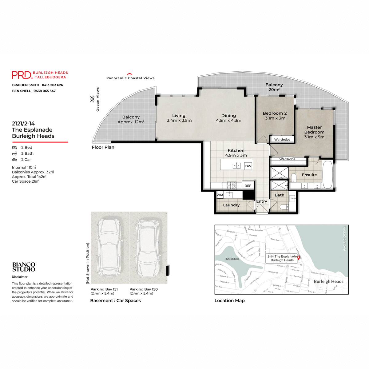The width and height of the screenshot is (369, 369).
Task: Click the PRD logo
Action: click(22, 75)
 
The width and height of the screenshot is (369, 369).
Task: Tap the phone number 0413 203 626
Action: click(52, 85)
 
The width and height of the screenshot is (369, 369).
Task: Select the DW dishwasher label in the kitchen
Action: click(248, 166)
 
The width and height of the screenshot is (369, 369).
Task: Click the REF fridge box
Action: click(248, 186)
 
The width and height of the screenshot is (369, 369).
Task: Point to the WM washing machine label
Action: click(220, 195)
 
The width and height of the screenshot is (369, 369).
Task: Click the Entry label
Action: click(261, 201)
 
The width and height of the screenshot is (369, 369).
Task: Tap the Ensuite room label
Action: click(309, 175)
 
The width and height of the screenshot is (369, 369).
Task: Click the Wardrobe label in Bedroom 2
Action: click(282, 140)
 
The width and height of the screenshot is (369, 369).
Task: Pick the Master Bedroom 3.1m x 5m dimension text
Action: click(314, 137)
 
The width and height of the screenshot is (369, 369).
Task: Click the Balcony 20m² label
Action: click(274, 87)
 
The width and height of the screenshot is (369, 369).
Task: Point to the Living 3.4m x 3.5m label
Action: click(179, 118)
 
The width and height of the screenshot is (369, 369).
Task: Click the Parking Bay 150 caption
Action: click(144, 289)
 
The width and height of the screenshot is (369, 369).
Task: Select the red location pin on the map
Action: click(298, 257)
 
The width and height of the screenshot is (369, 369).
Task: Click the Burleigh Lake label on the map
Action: click(232, 259)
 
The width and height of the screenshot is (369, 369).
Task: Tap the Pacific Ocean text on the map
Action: click(344, 238)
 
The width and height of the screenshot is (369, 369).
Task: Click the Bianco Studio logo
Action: click(24, 267)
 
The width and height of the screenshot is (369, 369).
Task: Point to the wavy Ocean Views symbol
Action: click(92, 99)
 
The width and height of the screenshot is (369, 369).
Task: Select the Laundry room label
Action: click(231, 205)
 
